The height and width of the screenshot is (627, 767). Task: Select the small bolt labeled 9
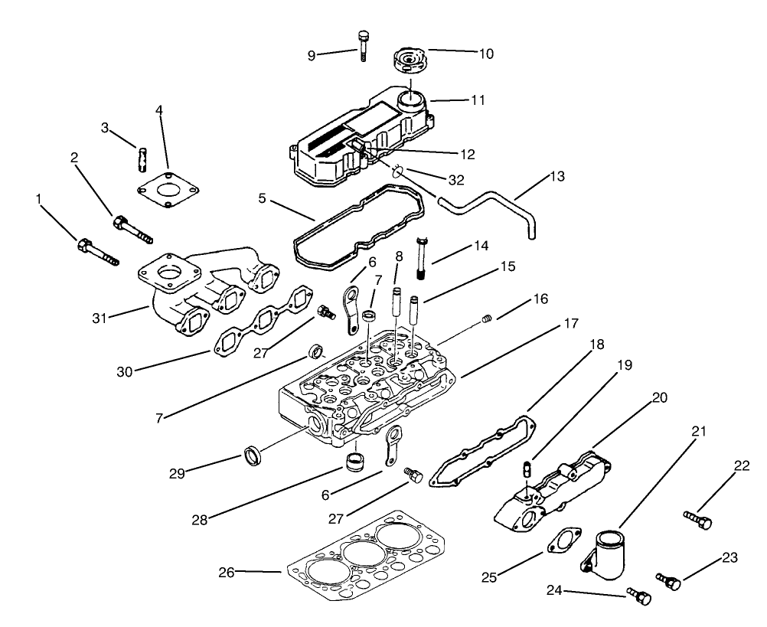361,44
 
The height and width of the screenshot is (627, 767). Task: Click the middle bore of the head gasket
360,552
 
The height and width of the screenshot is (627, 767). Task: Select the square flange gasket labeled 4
165,190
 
